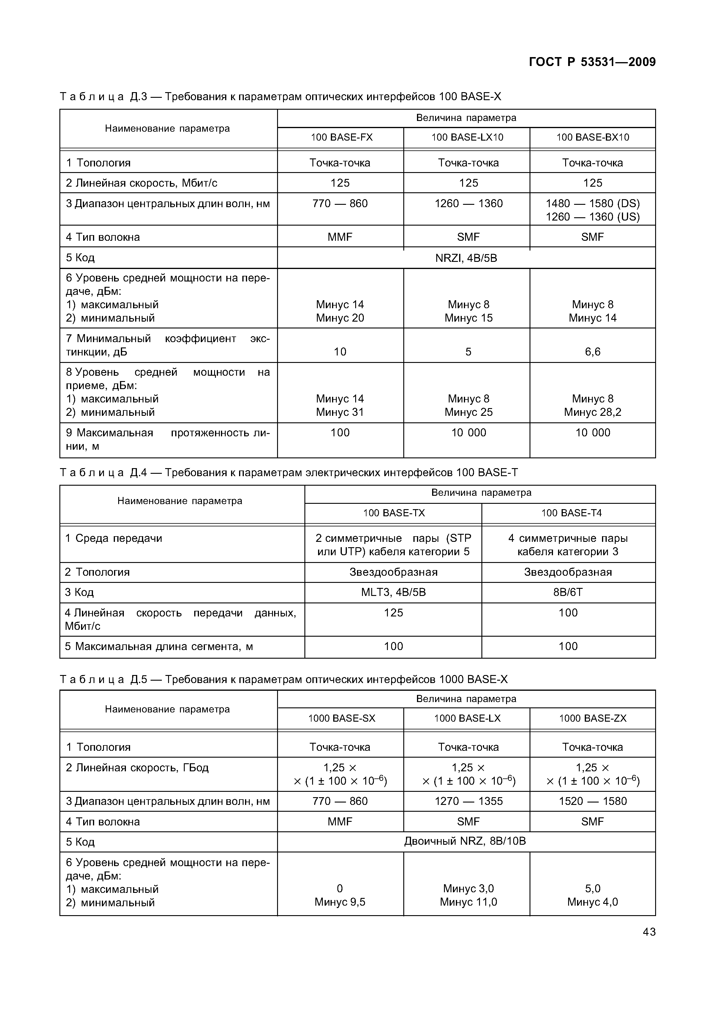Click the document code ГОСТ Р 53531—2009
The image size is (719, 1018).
pyautogui.click(x=592, y=62)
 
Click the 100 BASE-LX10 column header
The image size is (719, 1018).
pyautogui.click(x=467, y=137)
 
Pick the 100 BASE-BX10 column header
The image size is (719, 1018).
pyautogui.click(x=592, y=137)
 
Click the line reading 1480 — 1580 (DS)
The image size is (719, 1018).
pyautogui.click(x=592, y=204)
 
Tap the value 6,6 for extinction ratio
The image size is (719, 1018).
pyautogui.click(x=592, y=352)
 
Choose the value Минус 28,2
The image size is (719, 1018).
pyautogui.click(x=592, y=412)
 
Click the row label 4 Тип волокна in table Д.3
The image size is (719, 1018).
pyautogui.click(x=103, y=237)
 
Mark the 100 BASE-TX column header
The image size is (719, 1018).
pyautogui.click(x=394, y=513)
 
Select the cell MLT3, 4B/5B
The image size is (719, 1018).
pyautogui.click(x=394, y=592)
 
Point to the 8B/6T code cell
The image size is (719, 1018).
pyautogui.click(x=568, y=592)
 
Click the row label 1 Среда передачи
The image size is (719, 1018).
pyautogui.click(x=114, y=538)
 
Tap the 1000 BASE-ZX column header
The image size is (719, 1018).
pyautogui.click(x=592, y=718)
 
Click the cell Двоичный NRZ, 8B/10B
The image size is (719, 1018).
pyautogui.click(x=465, y=841)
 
